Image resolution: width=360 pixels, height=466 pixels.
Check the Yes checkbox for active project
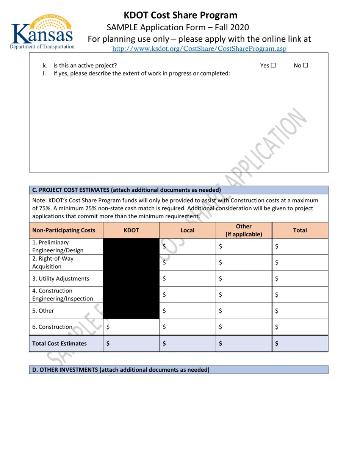click(273, 66)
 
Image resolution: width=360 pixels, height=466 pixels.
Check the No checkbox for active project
click(305, 66)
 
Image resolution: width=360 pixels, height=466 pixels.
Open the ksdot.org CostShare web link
click(199, 48)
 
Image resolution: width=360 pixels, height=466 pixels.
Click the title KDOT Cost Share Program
click(180, 15)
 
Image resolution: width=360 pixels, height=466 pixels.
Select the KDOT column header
click(131, 230)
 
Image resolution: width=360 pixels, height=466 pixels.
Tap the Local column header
click(187, 230)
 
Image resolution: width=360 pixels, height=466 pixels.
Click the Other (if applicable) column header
click(244, 230)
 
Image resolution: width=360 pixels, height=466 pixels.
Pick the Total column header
click(300, 230)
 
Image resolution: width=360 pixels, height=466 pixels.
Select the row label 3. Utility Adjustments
click(61, 278)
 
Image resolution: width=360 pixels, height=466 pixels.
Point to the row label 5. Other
click(43, 311)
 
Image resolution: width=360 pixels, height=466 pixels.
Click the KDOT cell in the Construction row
click(131, 327)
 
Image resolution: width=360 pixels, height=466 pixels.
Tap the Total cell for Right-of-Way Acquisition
click(300, 262)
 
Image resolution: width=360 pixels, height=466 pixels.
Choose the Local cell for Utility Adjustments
click(187, 278)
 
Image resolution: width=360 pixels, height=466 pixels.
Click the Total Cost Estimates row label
click(59, 344)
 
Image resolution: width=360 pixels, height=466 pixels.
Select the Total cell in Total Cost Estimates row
click(300, 344)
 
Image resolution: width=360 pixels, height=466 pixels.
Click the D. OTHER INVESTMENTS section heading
click(121, 370)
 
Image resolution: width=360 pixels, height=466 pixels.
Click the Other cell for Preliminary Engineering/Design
click(244, 246)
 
